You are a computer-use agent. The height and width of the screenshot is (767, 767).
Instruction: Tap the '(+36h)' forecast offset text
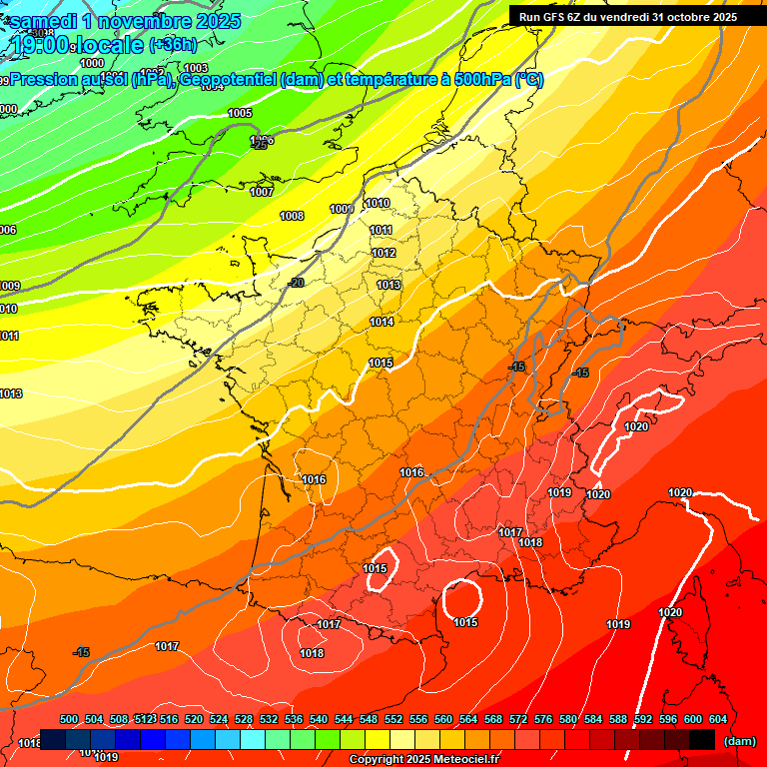coord(173,44)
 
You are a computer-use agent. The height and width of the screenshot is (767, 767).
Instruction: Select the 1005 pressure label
coord(240,114)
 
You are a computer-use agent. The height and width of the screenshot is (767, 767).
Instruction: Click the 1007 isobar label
coord(262,192)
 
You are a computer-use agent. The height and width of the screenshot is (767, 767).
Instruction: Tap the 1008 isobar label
coord(292,216)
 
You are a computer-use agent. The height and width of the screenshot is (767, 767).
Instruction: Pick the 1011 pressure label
coord(382,231)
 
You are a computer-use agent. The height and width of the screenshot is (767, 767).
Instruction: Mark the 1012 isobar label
coord(384,254)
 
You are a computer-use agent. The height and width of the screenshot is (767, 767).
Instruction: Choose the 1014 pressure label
coord(382,322)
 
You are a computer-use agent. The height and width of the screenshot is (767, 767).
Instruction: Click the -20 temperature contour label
coord(296,284)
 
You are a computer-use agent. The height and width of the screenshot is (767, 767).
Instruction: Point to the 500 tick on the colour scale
coord(69,719)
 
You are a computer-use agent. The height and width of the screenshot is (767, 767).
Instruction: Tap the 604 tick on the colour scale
coord(717,719)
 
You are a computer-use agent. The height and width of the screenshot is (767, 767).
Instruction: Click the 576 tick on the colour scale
coord(543,719)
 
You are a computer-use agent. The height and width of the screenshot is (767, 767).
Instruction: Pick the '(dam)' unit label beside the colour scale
coord(739,740)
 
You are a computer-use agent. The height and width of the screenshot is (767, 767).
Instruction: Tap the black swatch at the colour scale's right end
coord(702,739)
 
